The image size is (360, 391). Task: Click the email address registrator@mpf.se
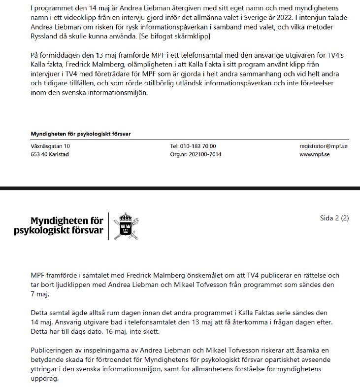pos(324,146)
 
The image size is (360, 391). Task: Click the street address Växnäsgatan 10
pos(50,146)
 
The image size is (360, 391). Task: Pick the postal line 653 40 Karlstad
pos(50,154)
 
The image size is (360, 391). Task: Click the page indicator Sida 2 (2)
pos(334,218)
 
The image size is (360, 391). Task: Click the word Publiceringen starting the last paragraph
pos(51,350)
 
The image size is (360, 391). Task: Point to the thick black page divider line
pos(180,188)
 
